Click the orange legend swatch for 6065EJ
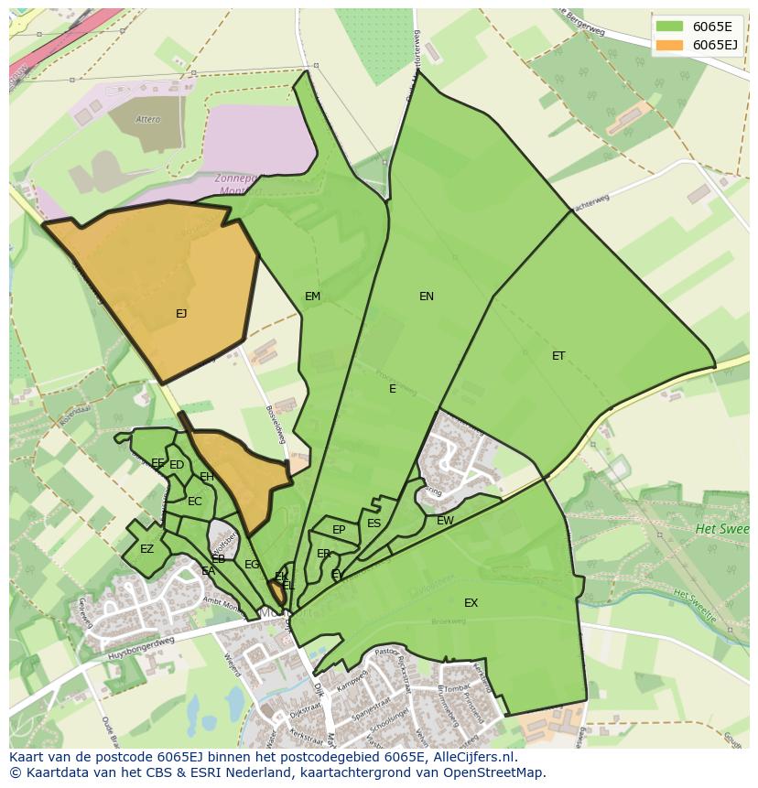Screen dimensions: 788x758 coord(670,45)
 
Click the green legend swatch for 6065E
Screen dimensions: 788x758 coord(670,27)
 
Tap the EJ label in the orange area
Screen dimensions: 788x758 coord(181,314)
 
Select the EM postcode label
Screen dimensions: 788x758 coord(313,297)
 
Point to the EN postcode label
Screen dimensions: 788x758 coord(427,297)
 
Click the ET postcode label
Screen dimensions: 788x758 coord(558,356)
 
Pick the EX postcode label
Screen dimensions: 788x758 coord(471,603)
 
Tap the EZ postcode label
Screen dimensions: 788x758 coord(146,549)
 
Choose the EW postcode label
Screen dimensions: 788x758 coord(445,521)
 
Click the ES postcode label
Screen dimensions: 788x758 coord(374,524)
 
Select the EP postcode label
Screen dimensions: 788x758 coord(339,530)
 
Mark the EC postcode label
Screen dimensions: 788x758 coord(194,502)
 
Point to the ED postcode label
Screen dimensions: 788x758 coord(177,465)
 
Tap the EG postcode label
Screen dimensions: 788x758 coord(252,565)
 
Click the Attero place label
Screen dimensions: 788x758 coord(147,119)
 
